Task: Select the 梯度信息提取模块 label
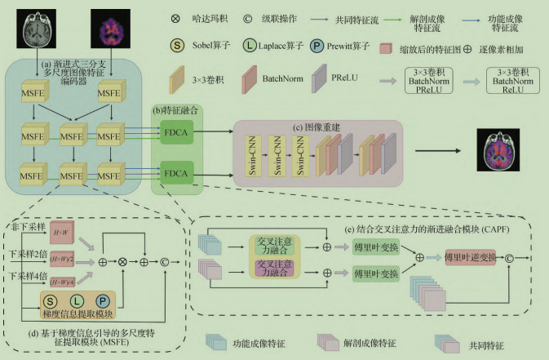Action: click(x=77, y=313)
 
